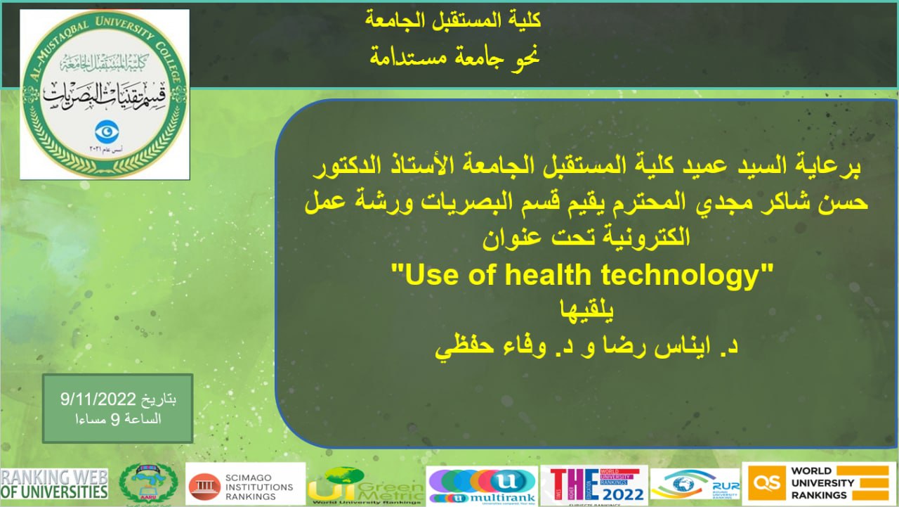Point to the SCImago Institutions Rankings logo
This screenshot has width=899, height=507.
pyautogui.click(x=245, y=484)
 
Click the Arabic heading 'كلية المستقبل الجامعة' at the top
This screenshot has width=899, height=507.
pyautogui.click(x=454, y=20)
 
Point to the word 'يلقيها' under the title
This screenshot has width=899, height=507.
pyautogui.click(x=584, y=309)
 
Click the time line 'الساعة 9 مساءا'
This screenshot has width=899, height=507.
pyautogui.click(x=117, y=420)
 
